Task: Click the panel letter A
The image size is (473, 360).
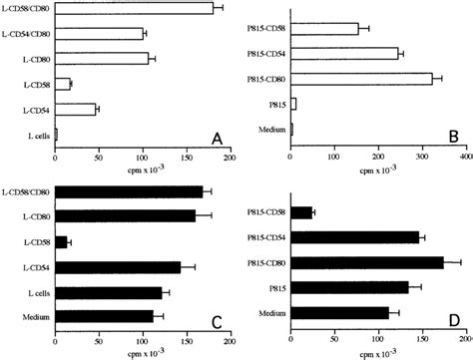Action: coord(217,137)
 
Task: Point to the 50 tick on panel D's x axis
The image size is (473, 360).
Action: coord(334,341)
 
